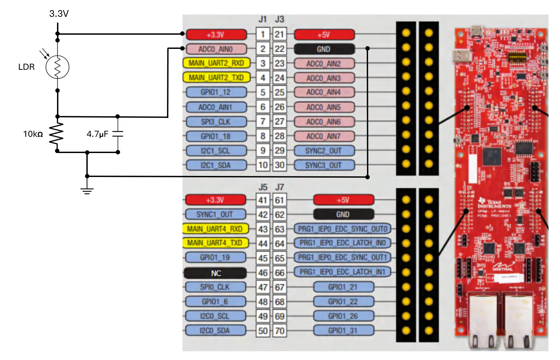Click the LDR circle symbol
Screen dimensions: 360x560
(57, 67)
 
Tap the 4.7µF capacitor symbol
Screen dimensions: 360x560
(117, 134)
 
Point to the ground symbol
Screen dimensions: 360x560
(87, 190)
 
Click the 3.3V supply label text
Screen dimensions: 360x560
(59, 13)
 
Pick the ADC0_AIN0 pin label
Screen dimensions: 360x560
(216, 49)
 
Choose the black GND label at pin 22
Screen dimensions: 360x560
(324, 49)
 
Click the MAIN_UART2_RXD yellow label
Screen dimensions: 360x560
(216, 63)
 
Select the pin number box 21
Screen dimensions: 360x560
(279, 34)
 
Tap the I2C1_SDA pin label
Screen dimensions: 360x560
(216, 165)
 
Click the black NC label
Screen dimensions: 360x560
(216, 273)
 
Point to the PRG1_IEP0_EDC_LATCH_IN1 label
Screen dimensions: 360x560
(342, 272)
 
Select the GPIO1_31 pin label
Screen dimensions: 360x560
(343, 330)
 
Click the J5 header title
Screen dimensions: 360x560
(263, 187)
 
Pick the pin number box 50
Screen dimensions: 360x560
(263, 331)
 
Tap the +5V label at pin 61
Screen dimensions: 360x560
(343, 200)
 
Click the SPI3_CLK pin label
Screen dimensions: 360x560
(216, 122)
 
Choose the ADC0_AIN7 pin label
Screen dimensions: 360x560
(324, 136)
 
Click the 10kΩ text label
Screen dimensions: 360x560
(33, 134)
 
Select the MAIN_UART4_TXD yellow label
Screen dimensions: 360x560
(215, 243)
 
